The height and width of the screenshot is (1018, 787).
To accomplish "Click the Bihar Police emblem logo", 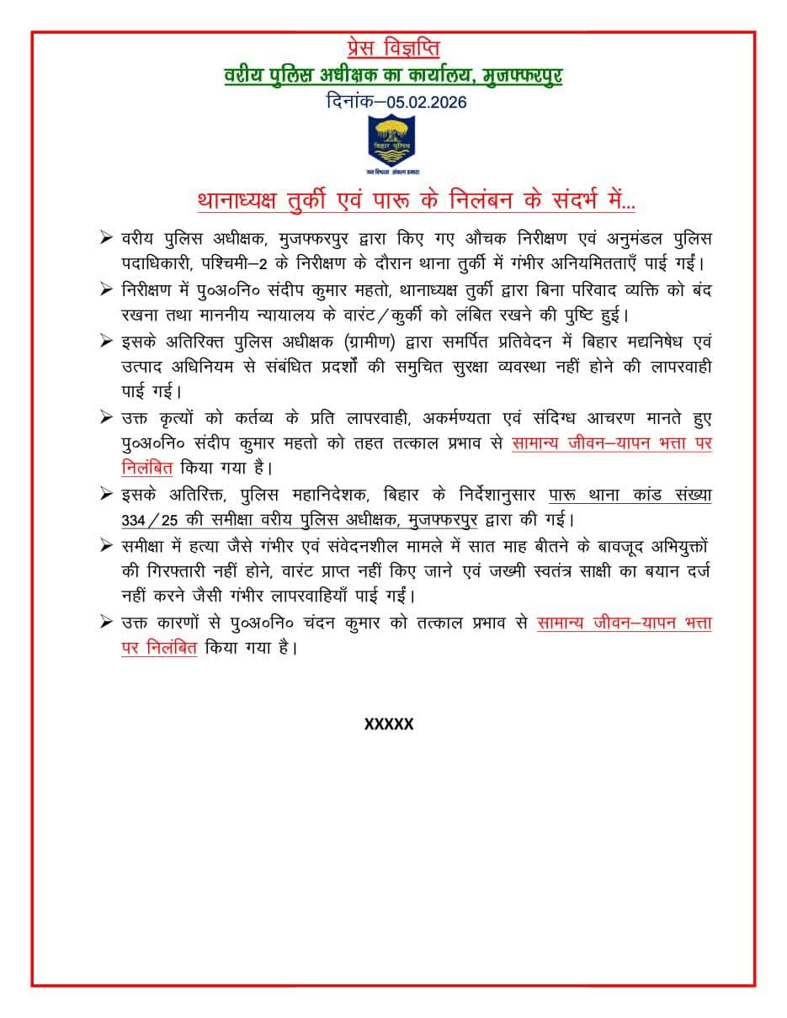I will coord(393,139).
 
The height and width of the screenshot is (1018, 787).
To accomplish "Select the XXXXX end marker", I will coord(389,724).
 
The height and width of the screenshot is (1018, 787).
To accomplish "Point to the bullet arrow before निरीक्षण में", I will coord(106,289).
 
